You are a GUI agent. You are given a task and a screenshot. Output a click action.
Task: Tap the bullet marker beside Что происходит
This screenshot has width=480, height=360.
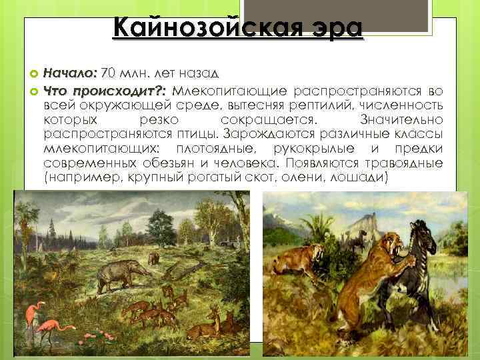[35, 91]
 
